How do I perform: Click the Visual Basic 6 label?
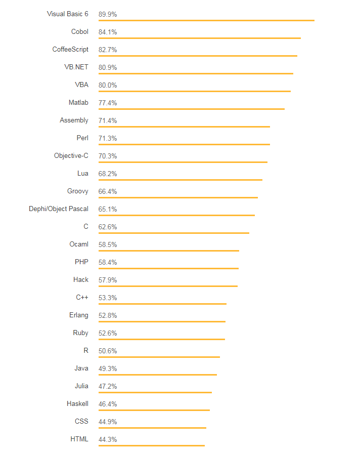[x=68, y=14]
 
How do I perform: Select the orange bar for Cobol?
[x=200, y=38]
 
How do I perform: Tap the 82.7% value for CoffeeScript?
[x=108, y=50]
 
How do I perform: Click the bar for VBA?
[x=195, y=91]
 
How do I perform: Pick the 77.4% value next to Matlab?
[x=108, y=103]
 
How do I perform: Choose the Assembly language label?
[x=74, y=120]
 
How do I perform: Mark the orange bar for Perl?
[x=184, y=144]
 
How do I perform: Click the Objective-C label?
[x=71, y=156]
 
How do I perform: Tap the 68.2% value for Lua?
[x=108, y=174]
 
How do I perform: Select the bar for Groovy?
[x=178, y=197]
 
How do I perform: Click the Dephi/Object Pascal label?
[x=59, y=209]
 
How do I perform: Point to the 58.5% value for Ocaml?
[x=108, y=244]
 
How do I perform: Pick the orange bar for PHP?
[x=168, y=268]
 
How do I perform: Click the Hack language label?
[x=81, y=280]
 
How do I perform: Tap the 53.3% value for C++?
[x=108, y=298]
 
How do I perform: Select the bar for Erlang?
[x=162, y=321]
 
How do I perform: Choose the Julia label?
[x=81, y=386]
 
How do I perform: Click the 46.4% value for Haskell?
[x=108, y=404]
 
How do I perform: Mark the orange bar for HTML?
[x=152, y=445]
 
